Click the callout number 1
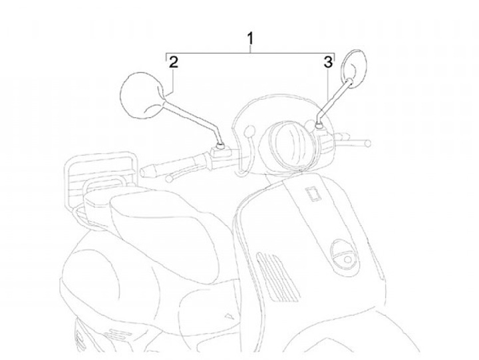[x=250, y=39]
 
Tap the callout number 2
[x=173, y=63]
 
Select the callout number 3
[x=327, y=63]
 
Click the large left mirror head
[x=140, y=95]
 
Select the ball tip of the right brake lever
[x=367, y=142]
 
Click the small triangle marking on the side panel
[x=230, y=313]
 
